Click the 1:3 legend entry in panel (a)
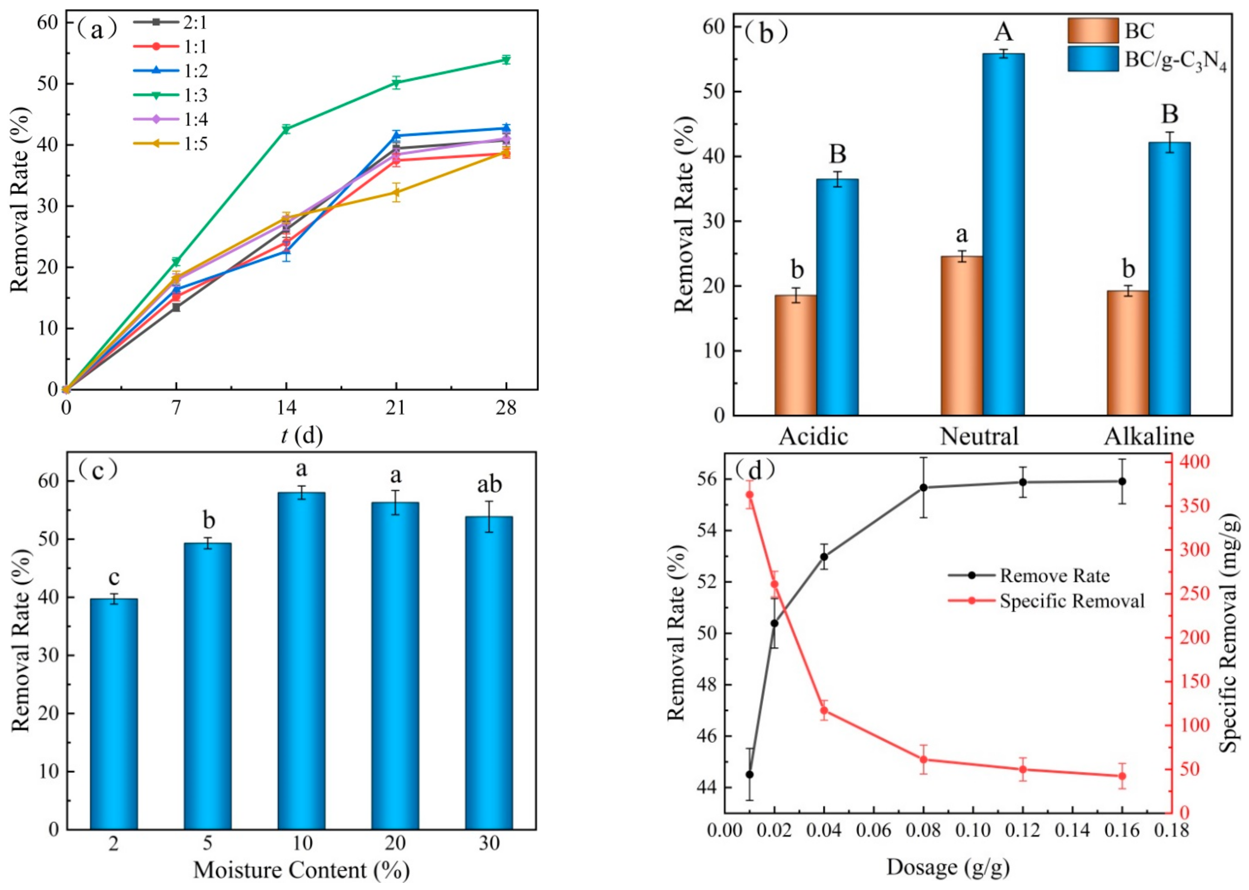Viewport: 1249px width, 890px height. [170, 95]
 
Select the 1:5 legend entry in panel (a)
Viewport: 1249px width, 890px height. [170, 144]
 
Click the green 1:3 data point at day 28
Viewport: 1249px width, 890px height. [506, 60]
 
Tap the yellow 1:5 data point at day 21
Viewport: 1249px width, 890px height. [396, 192]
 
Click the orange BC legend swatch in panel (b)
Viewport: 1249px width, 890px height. [1093, 31]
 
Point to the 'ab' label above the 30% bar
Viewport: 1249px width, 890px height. [489, 485]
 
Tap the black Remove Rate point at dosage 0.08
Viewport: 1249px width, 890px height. [923, 487]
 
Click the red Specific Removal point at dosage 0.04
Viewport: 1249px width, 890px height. [824, 710]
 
